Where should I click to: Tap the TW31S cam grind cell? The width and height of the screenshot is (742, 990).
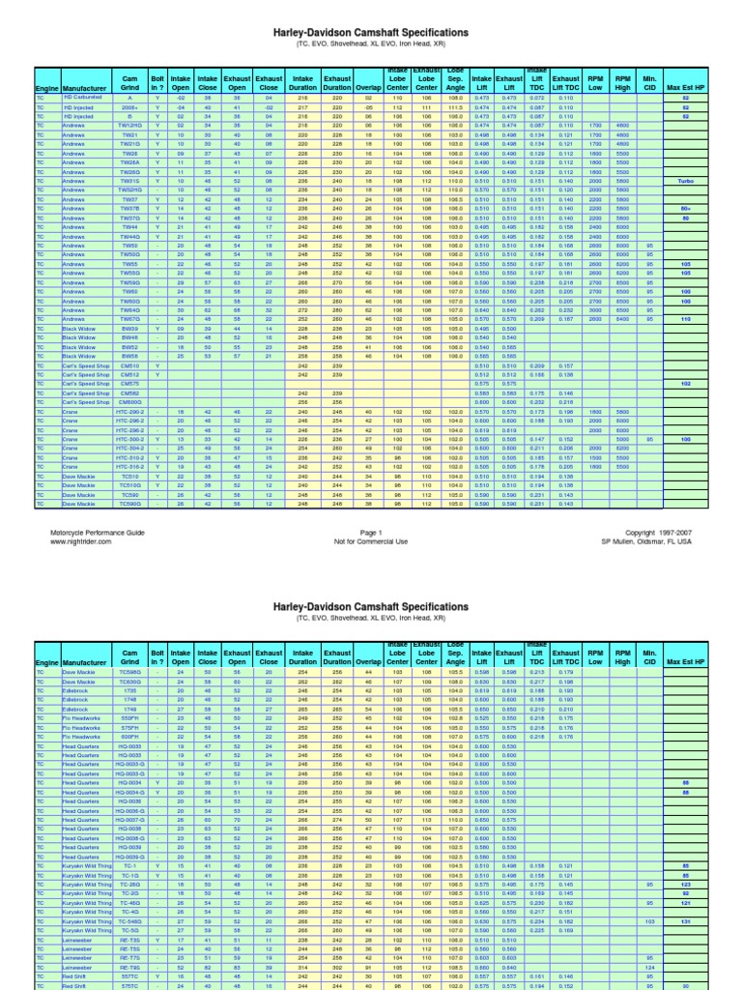[129, 181]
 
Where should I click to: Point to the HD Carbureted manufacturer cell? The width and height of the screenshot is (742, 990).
[84, 98]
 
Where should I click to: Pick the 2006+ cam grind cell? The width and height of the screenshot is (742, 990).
[129, 106]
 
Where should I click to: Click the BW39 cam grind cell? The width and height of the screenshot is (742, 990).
[129, 329]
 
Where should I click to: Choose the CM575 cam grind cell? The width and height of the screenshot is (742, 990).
[129, 384]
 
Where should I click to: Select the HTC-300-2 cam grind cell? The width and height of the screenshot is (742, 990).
[129, 439]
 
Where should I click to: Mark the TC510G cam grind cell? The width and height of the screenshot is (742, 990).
[129, 485]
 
